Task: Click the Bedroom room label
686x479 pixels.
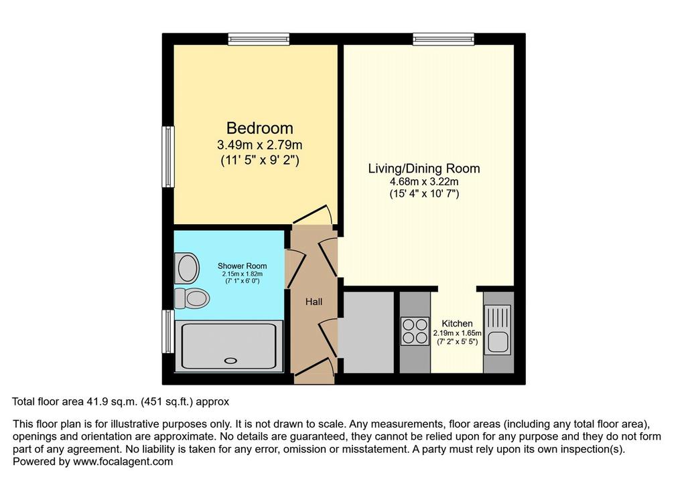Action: (259, 128)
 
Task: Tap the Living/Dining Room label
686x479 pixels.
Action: (424, 169)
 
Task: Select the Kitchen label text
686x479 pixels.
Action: (457, 324)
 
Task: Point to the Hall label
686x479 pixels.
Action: (314, 302)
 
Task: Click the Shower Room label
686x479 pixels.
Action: (242, 266)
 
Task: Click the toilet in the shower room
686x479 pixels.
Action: (192, 298)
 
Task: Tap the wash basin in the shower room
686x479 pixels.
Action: (187, 268)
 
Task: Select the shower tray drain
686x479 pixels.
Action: (230, 361)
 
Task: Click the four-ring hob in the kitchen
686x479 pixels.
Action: (415, 331)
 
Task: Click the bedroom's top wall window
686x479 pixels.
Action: (259, 39)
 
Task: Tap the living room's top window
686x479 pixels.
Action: (443, 39)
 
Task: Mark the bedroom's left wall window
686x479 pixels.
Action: (168, 157)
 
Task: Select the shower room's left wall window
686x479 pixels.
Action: (168, 331)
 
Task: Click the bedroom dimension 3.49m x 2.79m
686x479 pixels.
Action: (259, 145)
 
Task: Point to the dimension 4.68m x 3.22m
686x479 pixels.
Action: (424, 181)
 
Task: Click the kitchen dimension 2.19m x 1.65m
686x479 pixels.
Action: (457, 333)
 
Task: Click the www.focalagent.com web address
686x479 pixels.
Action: (123, 462)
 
